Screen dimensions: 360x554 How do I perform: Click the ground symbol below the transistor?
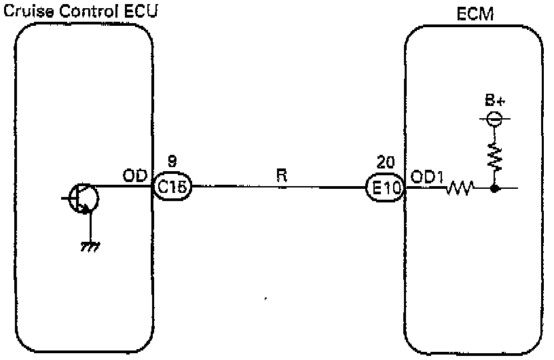point(88,248)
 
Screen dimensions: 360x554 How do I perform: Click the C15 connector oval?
point(172,187)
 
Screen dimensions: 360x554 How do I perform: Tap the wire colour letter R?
point(282,175)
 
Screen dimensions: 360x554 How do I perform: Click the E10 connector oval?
point(384,188)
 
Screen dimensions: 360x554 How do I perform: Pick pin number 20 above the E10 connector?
point(384,164)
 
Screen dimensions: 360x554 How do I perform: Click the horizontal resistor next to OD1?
point(460,188)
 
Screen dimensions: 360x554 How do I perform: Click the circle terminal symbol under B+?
point(496,119)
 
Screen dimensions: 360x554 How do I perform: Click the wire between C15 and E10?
point(278,187)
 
